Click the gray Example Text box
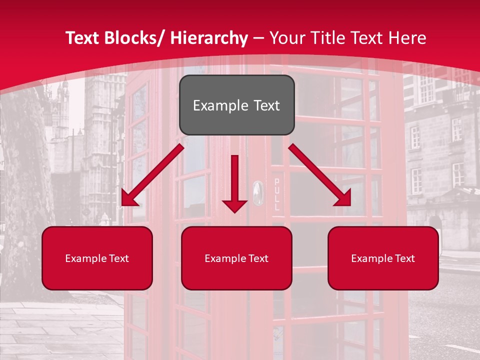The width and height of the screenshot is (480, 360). point(236,105)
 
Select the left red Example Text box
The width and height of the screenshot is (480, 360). point(97,258)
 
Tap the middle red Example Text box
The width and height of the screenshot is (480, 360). point(236,258)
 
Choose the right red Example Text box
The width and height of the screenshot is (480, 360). point(383,258)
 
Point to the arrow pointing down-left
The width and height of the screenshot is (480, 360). point(152,175)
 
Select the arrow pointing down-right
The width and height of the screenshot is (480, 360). point(320,175)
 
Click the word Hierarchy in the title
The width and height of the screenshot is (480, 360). point(208,38)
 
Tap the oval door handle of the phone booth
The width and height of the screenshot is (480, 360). point(257,192)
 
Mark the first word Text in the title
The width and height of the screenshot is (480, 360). point(82,38)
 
